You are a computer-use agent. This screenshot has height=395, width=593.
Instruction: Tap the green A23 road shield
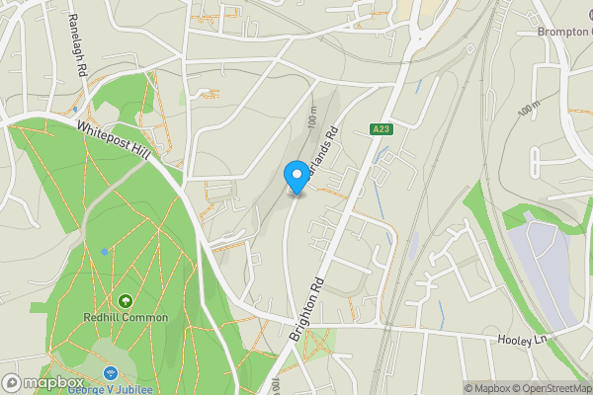382,129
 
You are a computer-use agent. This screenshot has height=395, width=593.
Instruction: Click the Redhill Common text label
126,318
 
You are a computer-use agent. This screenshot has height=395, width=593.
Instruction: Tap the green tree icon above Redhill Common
126,300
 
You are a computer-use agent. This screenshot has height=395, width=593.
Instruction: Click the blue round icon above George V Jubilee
109,372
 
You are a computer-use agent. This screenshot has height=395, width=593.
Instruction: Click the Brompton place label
563,31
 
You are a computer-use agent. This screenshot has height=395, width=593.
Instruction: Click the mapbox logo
42,383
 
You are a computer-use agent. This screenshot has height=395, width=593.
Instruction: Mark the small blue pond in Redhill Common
105,251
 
